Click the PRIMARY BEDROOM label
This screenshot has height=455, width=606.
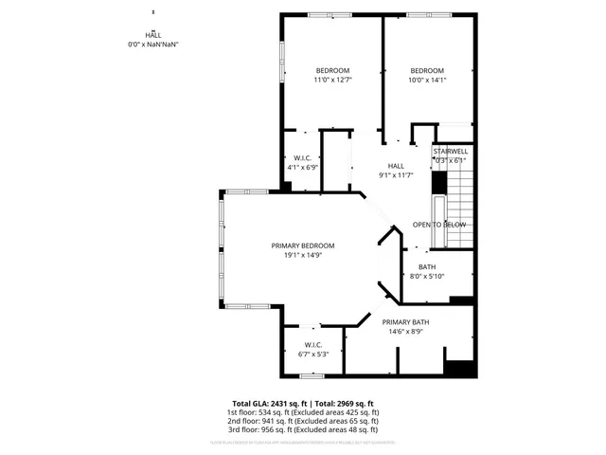pyautogui.click(x=303, y=246)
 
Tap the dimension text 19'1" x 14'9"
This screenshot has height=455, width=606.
pyautogui.click(x=303, y=255)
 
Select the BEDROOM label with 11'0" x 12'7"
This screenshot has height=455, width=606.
pyautogui.click(x=332, y=71)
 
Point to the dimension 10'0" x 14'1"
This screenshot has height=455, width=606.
pyautogui.click(x=427, y=81)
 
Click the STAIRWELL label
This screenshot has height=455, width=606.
pyautogui.click(x=450, y=152)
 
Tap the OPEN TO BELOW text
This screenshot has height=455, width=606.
pyautogui.click(x=439, y=225)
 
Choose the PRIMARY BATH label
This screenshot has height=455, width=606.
pyautogui.click(x=406, y=322)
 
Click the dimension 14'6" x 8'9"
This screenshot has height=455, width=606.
pyautogui.click(x=406, y=332)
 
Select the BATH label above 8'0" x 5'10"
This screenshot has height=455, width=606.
pyautogui.click(x=427, y=266)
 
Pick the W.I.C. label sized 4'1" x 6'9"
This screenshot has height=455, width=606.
pyautogui.click(x=302, y=157)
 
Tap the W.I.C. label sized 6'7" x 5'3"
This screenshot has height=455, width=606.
pyautogui.click(x=313, y=344)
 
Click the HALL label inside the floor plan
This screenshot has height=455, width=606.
pyautogui.click(x=369, y=166)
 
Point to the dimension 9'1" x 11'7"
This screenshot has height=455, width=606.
pyautogui.click(x=369, y=175)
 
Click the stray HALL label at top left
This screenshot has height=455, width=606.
pyautogui.click(x=152, y=35)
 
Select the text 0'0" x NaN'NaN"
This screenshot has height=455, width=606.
pyautogui.click(x=152, y=45)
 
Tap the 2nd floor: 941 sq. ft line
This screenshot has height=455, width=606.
pyautogui.click(x=302, y=421)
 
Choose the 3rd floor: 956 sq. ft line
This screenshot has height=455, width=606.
pyautogui.click(x=302, y=429)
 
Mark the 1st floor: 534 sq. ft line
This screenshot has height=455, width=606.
pyautogui.click(x=302, y=412)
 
